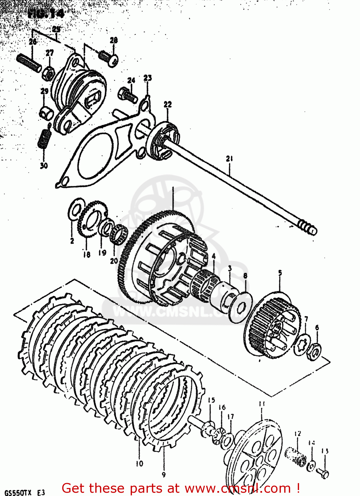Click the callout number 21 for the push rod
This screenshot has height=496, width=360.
[229, 159]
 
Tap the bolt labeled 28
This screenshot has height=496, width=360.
[109, 58]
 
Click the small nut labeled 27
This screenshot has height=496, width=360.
[48, 73]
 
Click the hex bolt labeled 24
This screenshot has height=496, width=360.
[128, 94]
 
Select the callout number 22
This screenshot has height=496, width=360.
[168, 104]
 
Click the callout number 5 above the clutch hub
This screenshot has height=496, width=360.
[280, 273]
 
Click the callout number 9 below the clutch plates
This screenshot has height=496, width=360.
[163, 475]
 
